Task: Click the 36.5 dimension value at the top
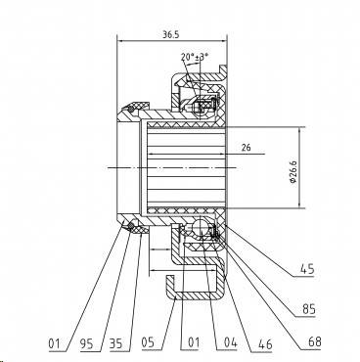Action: point(171,34)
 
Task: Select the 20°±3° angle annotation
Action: point(195,58)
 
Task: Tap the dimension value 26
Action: point(247,148)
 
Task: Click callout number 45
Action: point(307,270)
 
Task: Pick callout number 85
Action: point(308,309)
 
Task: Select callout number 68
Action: point(314,342)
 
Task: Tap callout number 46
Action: point(265,344)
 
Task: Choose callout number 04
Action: point(230,342)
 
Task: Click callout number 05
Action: point(148,342)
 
